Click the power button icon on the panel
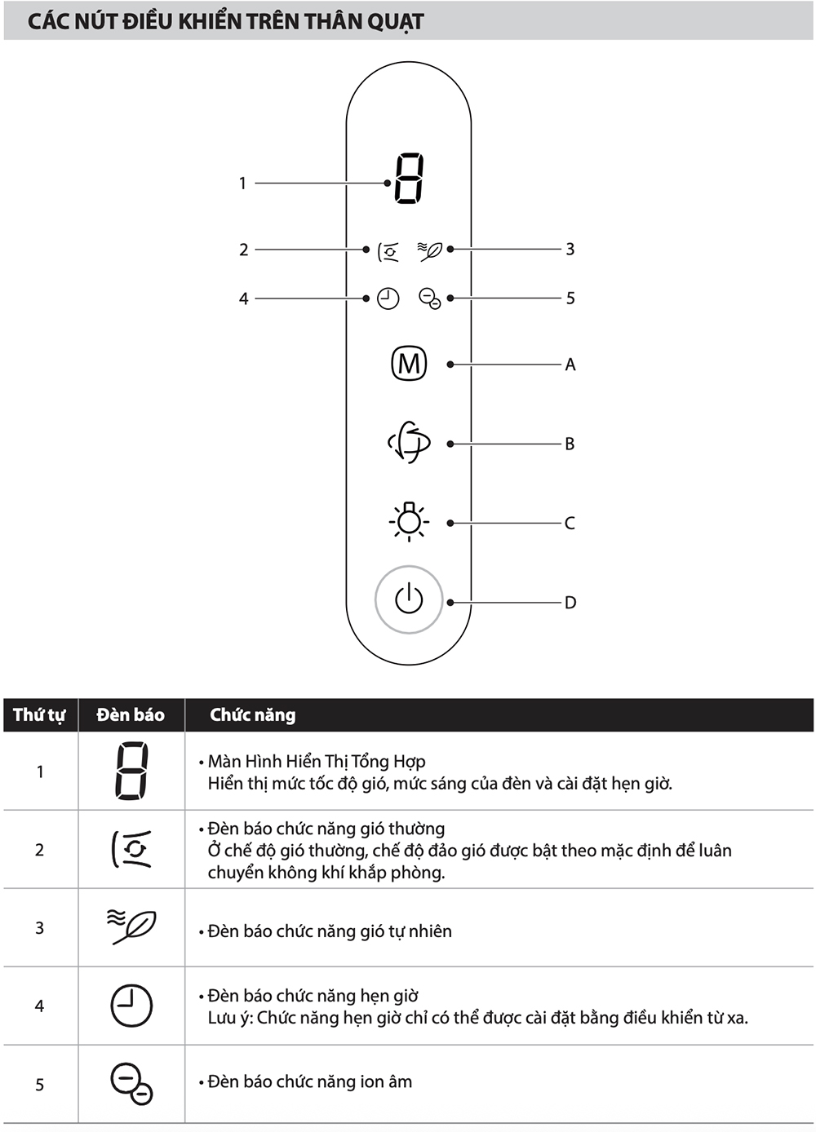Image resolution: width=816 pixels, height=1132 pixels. (x=409, y=599)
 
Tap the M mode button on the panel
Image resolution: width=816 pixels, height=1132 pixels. (x=409, y=364)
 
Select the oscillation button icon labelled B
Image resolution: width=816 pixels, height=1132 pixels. (x=409, y=442)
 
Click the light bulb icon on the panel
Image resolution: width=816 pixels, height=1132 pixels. (x=409, y=521)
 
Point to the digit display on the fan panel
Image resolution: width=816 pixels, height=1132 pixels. (x=409, y=179)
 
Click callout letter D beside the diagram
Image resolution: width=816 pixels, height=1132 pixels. (x=570, y=603)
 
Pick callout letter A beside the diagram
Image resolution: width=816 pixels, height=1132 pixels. (x=570, y=365)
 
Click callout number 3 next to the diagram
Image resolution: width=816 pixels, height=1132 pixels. (x=570, y=249)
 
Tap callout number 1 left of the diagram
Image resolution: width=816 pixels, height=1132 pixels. (x=242, y=183)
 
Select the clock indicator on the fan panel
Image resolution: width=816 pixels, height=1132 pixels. (x=388, y=298)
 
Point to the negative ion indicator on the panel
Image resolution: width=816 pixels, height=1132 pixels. (x=430, y=298)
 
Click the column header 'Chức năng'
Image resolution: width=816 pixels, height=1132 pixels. (x=253, y=714)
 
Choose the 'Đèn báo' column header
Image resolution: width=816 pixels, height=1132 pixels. (x=131, y=714)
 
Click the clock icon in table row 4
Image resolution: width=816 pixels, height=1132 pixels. (x=131, y=1005)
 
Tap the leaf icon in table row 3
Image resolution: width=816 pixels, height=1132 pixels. (x=131, y=926)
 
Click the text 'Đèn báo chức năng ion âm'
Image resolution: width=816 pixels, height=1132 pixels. (x=310, y=1081)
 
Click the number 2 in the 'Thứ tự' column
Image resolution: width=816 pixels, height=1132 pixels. (x=39, y=850)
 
